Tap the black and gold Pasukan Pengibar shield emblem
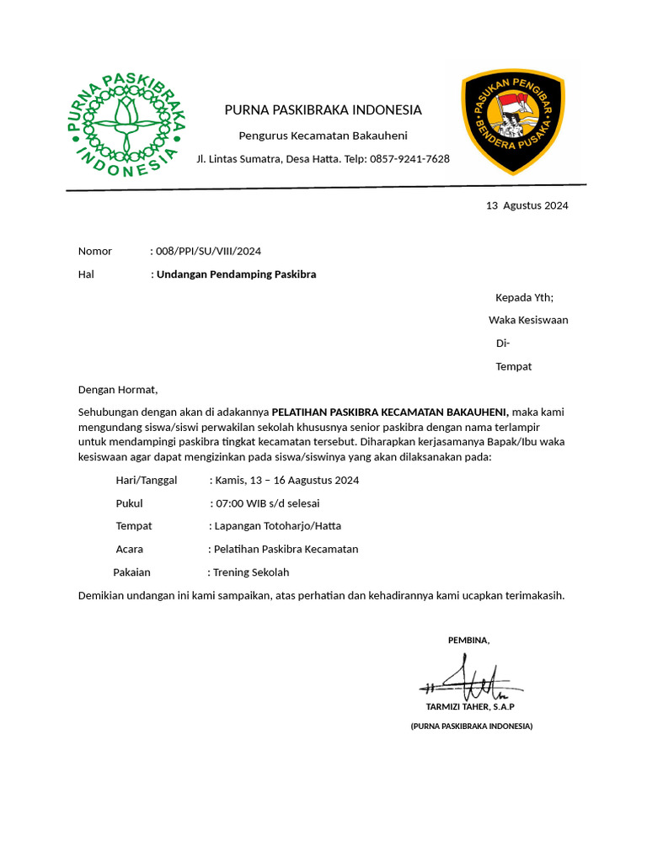[512, 121]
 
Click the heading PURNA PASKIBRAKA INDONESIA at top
[323, 110]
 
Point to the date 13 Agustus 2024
[527, 205]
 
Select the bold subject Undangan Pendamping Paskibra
[237, 274]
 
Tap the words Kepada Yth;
[524, 297]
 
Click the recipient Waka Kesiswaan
[528, 320]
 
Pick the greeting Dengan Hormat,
[118, 389]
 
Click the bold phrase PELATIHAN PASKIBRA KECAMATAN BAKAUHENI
[390, 412]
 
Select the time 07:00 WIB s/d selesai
[267, 503]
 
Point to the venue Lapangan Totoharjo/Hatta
[278, 526]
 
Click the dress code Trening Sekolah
[250, 572]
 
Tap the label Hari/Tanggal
[147, 481]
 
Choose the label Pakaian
[131, 572]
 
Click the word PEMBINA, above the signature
[468, 641]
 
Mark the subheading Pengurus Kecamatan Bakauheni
[323, 136]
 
